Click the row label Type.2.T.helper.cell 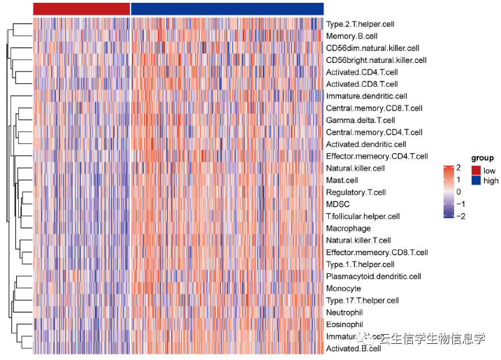coord(360,24)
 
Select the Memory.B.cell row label coord(351,36)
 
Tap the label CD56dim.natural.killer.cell coord(372,48)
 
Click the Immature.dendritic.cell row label coord(366,96)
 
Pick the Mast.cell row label coord(342,180)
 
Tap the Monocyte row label coord(343,288)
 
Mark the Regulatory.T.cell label coord(356,192)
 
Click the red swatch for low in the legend coord(477,170)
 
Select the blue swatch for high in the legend coord(477,180)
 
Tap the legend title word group coord(482,159)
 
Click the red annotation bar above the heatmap coord(81,8)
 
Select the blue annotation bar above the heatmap coord(227,8)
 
